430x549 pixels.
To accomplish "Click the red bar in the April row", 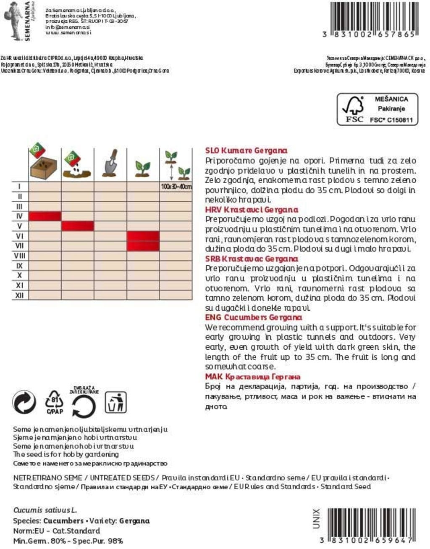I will pyautogui.click(x=45, y=216).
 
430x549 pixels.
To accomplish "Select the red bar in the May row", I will pyautogui.click(x=78, y=226).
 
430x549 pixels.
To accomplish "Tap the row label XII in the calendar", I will pyautogui.click(x=19, y=295).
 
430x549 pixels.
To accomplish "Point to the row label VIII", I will pyautogui.click(x=19, y=256).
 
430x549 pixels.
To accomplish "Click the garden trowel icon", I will pyautogui.click(x=110, y=163).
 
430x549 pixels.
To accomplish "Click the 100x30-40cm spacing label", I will pyautogui.click(x=176, y=187).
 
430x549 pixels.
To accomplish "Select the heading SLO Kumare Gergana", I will pyautogui.click(x=246, y=150).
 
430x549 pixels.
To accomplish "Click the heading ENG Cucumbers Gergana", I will pyautogui.click(x=253, y=317).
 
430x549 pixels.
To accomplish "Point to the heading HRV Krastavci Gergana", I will pyautogui.click(x=252, y=209).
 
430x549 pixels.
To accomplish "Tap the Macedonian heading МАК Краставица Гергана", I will pyautogui.click(x=252, y=377).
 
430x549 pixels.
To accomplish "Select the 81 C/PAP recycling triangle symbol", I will pyautogui.click(x=55, y=402).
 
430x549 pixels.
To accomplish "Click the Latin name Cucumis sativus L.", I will pyautogui.click(x=45, y=510).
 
